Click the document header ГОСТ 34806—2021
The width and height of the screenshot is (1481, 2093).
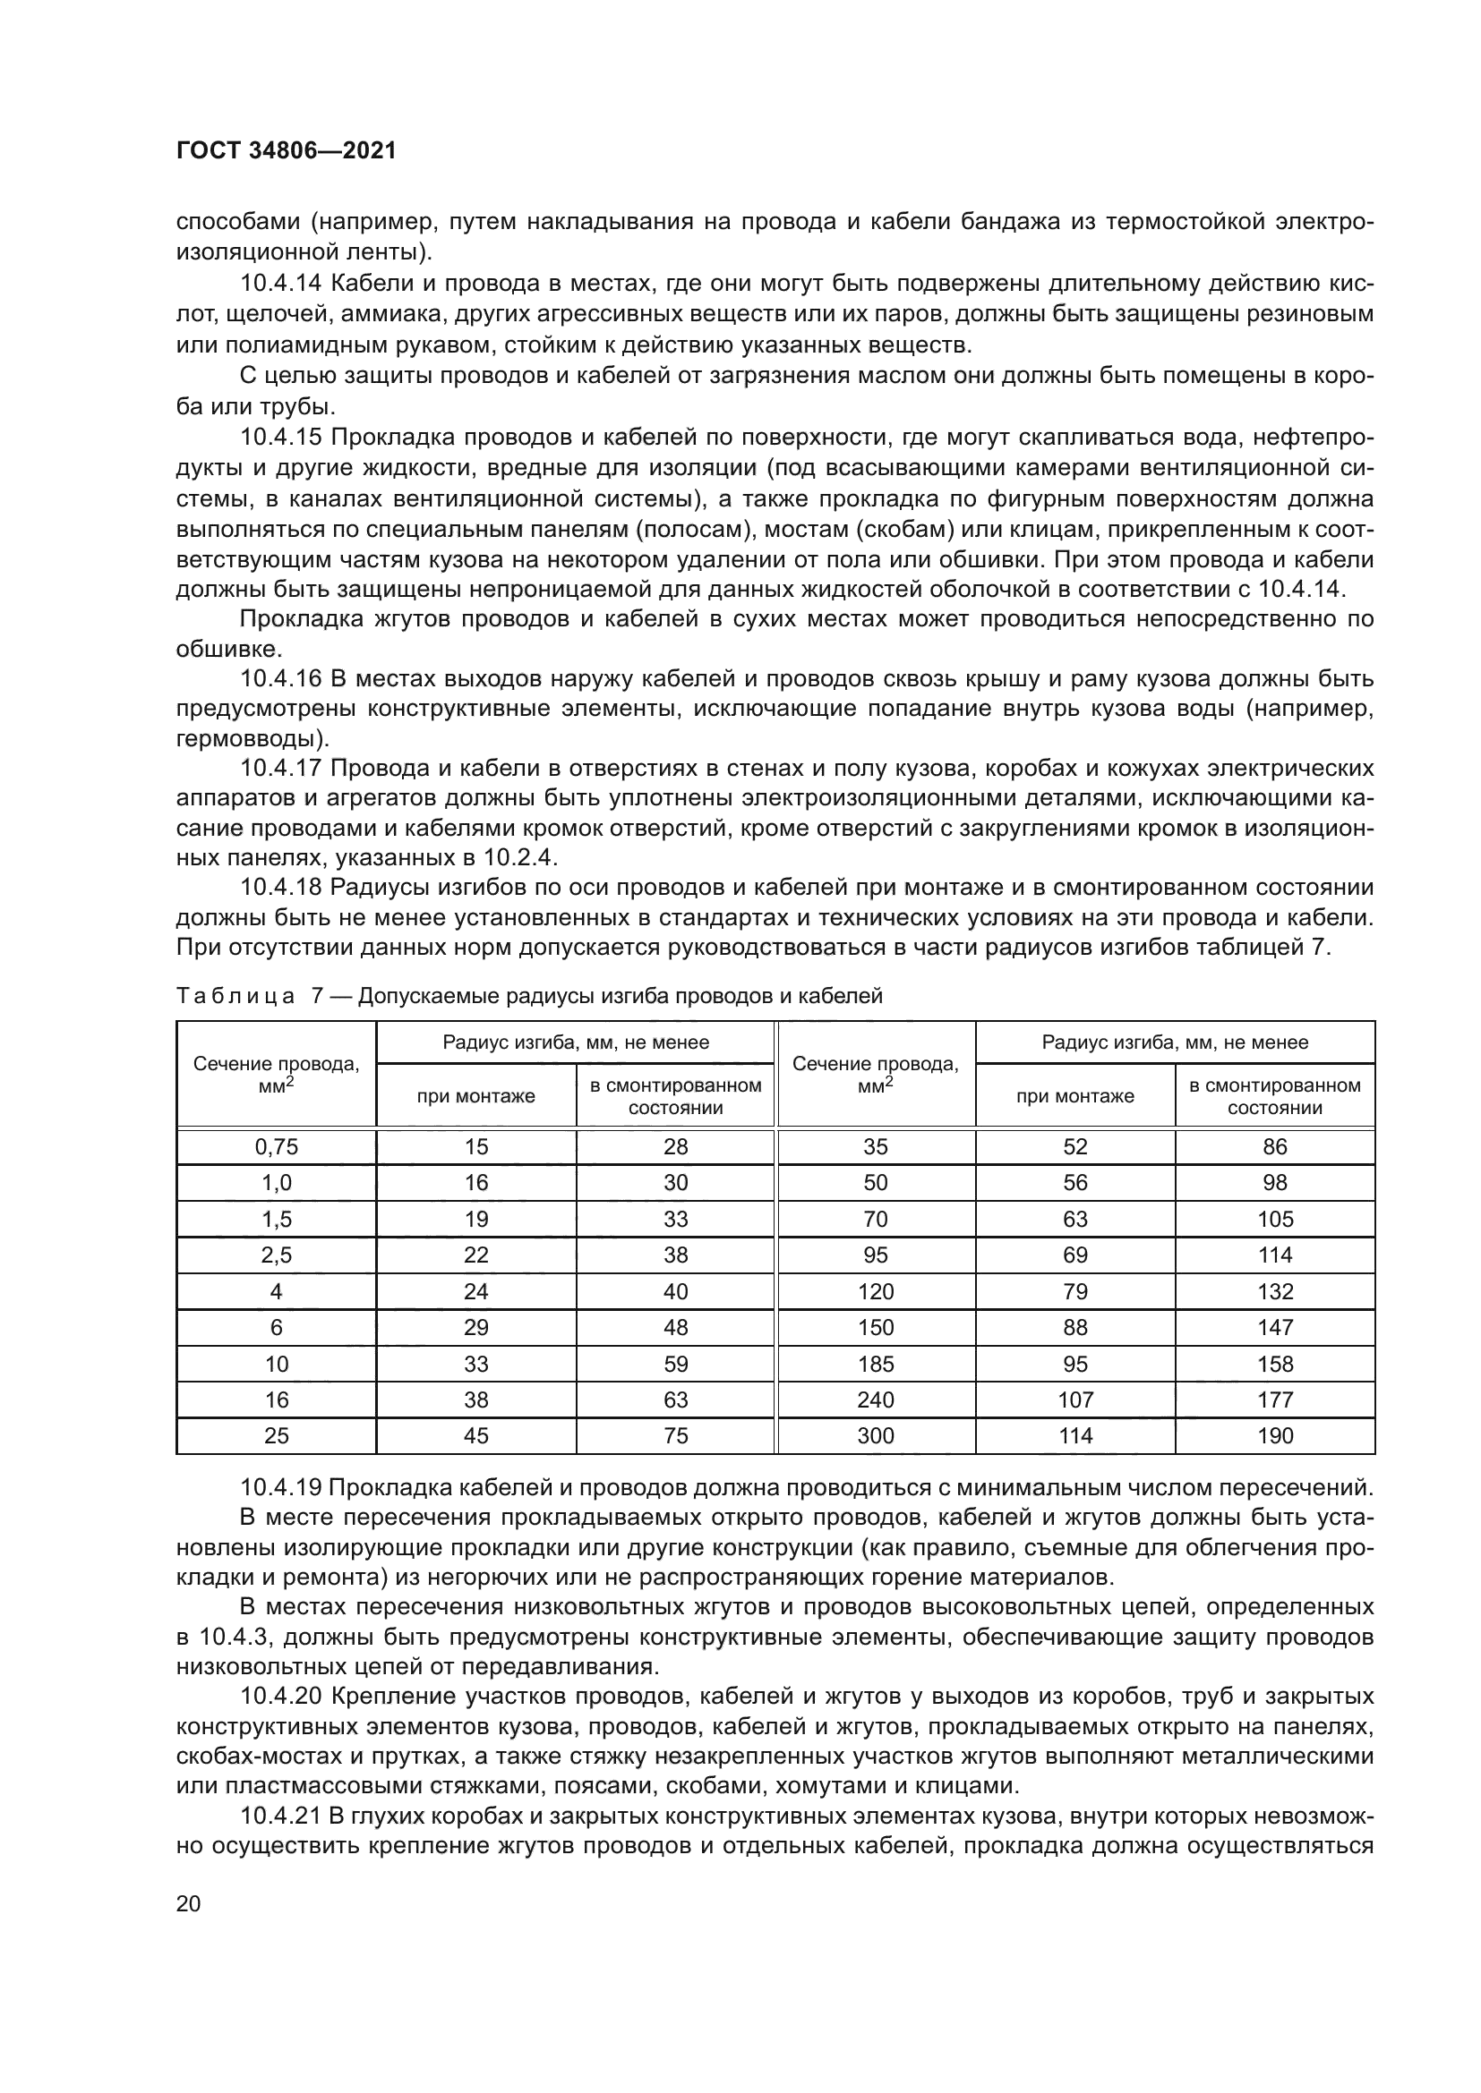tap(287, 151)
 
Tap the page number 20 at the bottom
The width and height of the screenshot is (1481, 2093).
tap(189, 1902)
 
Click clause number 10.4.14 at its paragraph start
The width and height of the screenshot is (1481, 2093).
tap(281, 285)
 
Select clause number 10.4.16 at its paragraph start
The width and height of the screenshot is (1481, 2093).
tap(281, 679)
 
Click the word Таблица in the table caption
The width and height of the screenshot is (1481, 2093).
tap(235, 995)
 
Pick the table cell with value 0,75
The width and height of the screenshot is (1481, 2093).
tap(277, 1147)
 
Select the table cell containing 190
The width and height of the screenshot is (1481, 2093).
tap(1275, 1435)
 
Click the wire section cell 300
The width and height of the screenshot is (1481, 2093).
tap(876, 1435)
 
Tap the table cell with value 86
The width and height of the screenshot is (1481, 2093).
tap(1275, 1147)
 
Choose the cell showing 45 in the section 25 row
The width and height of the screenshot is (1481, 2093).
tap(476, 1435)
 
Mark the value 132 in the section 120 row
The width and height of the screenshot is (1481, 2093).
tap(1275, 1292)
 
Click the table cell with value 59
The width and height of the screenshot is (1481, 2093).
tap(676, 1364)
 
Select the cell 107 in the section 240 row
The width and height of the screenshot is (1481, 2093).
tap(1075, 1400)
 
